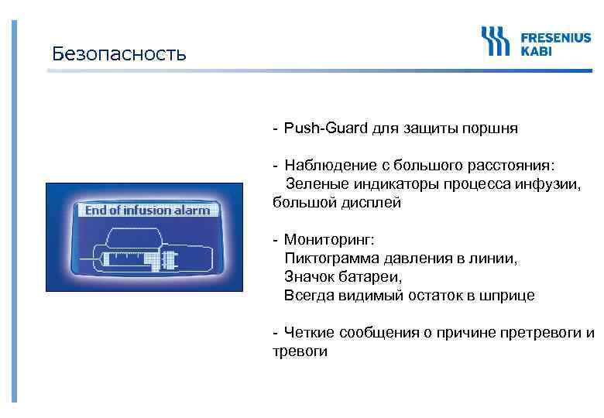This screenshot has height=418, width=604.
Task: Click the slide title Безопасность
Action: pyautogui.click(x=119, y=53)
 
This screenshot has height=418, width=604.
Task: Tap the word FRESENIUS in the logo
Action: pyautogui.click(x=555, y=36)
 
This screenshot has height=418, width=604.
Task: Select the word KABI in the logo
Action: pyautogui.click(x=536, y=50)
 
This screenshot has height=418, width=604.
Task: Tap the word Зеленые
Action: pyautogui.click(x=317, y=184)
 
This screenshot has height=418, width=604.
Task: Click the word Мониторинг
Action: pyautogui.click(x=328, y=240)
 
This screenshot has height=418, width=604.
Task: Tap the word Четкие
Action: pyautogui.click(x=308, y=333)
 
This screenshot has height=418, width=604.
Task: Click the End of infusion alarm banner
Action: pyautogui.click(x=147, y=211)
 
